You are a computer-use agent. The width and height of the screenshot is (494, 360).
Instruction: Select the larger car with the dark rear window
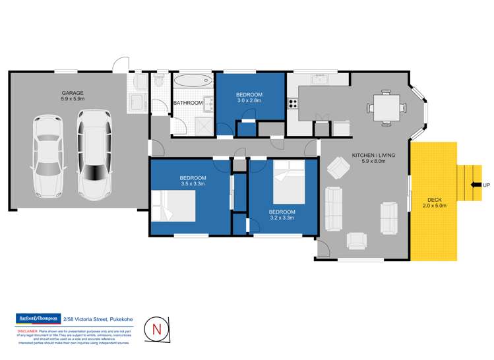(x=92, y=154)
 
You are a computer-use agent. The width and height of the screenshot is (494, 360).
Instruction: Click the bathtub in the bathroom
(x=193, y=83)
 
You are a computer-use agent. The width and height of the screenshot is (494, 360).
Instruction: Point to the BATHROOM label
(x=187, y=104)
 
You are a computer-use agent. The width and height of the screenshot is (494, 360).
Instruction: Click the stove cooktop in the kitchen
(x=292, y=104)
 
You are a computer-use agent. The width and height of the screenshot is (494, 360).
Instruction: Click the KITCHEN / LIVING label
(x=373, y=155)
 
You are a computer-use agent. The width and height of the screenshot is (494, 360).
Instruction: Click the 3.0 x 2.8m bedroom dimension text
(x=249, y=101)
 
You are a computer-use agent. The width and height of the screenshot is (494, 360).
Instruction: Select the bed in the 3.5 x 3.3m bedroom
(x=173, y=206)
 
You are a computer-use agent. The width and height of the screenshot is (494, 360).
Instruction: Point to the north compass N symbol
(x=156, y=328)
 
